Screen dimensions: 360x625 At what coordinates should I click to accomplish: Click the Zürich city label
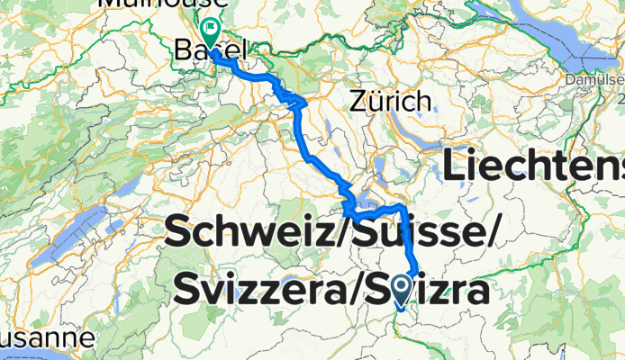coord(389,101)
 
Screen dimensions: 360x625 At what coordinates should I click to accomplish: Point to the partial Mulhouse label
coord(161,4)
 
